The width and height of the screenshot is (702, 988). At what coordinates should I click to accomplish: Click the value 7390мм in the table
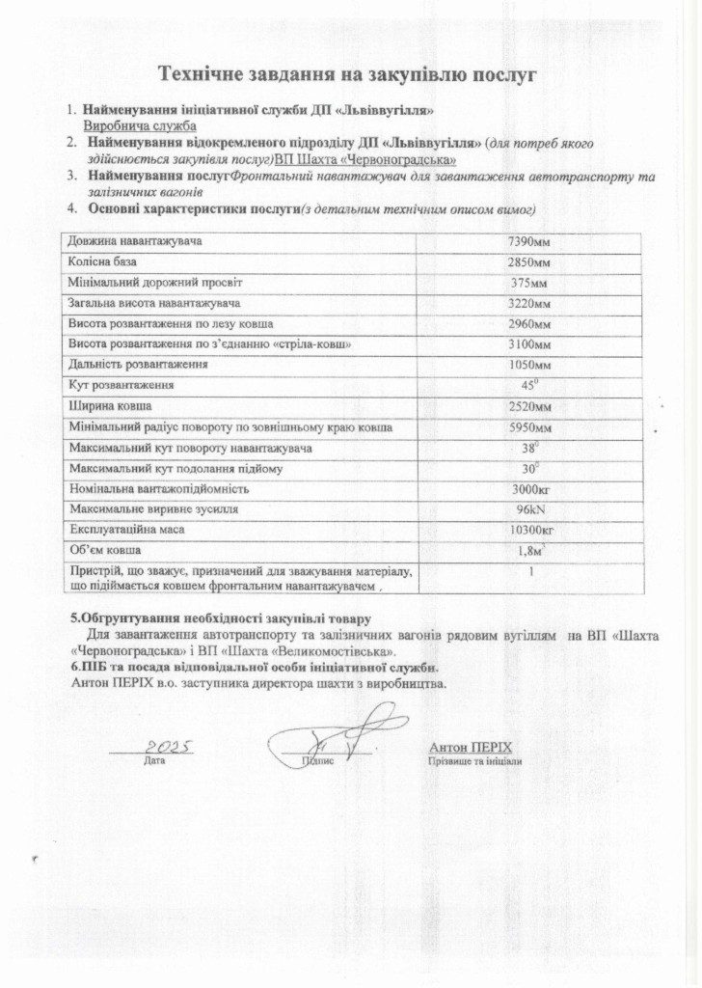tap(529, 240)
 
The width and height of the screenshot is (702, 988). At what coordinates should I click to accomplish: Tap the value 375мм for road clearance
tap(529, 284)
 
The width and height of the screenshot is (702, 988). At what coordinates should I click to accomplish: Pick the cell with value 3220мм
tap(529, 304)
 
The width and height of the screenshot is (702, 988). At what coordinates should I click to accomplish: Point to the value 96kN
tap(529, 508)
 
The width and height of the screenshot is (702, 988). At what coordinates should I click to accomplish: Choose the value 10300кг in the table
tap(529, 530)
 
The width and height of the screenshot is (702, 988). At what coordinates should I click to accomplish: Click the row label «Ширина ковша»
tap(109, 405)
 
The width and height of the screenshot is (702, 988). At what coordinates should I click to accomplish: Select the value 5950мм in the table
tap(529, 427)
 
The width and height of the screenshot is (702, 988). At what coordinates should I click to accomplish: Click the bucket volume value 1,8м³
tap(529, 551)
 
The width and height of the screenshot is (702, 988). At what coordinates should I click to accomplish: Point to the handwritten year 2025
tap(169, 746)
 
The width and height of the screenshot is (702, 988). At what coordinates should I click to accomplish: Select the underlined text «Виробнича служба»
tap(140, 125)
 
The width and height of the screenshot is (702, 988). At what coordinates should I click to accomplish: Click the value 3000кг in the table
tap(529, 488)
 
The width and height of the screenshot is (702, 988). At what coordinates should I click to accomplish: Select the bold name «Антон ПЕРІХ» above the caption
tap(470, 747)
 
